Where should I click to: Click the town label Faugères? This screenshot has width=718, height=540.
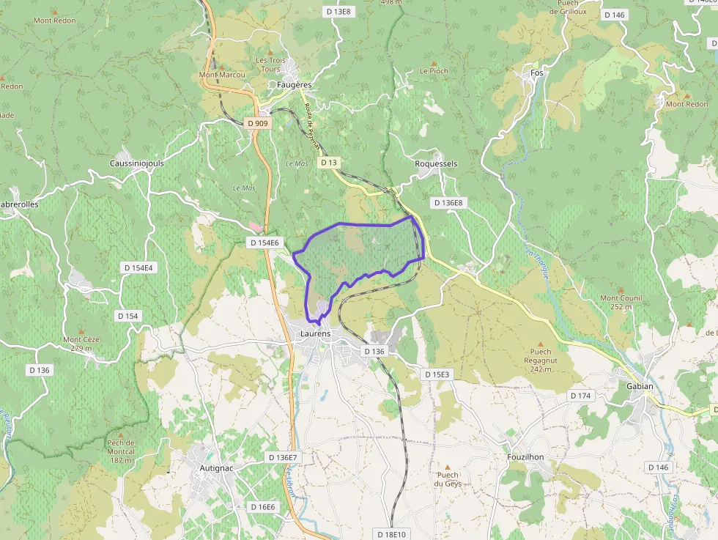pos(294,85)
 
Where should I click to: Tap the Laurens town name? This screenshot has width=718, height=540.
pos(316,334)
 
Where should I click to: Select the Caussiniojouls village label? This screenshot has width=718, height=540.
pos(136,163)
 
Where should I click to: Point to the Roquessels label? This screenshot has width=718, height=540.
pos(436,164)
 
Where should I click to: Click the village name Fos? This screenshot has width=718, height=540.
pos(537,73)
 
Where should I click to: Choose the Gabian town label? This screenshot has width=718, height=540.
pos(640,387)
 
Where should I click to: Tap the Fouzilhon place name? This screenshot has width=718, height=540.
pos(526,457)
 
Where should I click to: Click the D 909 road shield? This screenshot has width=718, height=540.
pos(258,124)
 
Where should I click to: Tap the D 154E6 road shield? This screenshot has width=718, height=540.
pos(264,243)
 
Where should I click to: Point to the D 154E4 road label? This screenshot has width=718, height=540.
pos(137,268)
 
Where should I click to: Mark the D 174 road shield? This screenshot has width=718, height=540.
pos(580,396)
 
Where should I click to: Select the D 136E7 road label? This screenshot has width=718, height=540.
pos(283,458)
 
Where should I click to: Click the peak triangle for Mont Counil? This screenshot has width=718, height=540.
pos(621,290)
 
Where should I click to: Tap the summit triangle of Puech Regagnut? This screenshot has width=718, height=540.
pos(541,343)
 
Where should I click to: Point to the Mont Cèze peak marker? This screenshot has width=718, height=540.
pos(81,331)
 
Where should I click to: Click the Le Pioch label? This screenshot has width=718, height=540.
pos(434,71)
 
